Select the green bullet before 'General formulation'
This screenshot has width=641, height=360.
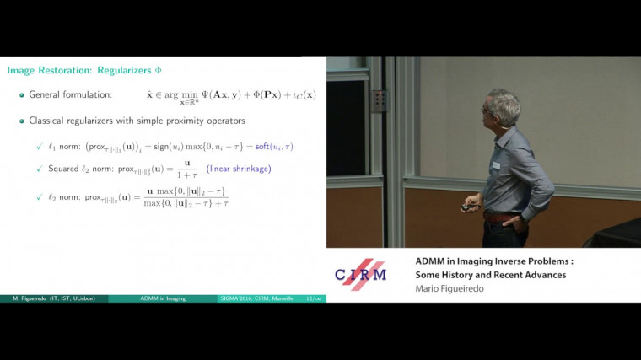pyautogui.click(x=22, y=94)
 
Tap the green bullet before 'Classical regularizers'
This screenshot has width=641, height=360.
pyautogui.click(x=22, y=121)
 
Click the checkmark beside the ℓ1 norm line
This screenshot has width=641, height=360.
pyautogui.click(x=40, y=147)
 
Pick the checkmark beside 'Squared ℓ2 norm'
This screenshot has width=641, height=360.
pyautogui.click(x=40, y=169)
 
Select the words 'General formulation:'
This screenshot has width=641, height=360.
pyautogui.click(x=70, y=94)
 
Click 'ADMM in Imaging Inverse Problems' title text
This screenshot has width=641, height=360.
pyautogui.click(x=493, y=261)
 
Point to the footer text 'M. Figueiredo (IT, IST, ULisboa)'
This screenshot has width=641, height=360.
pyautogui.click(x=52, y=298)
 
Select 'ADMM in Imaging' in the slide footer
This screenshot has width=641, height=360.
pyautogui.click(x=164, y=298)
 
